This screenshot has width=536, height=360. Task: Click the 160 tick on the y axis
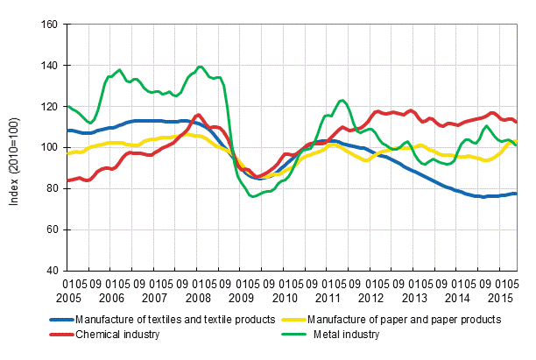coord(48,25)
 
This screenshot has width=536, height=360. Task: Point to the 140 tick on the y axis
coord(48,66)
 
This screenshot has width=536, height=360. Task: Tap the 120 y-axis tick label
coord(48,106)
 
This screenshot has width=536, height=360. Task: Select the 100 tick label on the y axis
coord(48,147)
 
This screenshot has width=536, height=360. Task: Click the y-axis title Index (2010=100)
coord(14,147)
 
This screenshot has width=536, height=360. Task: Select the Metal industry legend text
coord(348,334)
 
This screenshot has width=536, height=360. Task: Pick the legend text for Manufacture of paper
coord(416,320)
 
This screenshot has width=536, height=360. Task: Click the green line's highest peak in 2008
coord(201,67)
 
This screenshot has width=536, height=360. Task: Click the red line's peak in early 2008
coord(198,115)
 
